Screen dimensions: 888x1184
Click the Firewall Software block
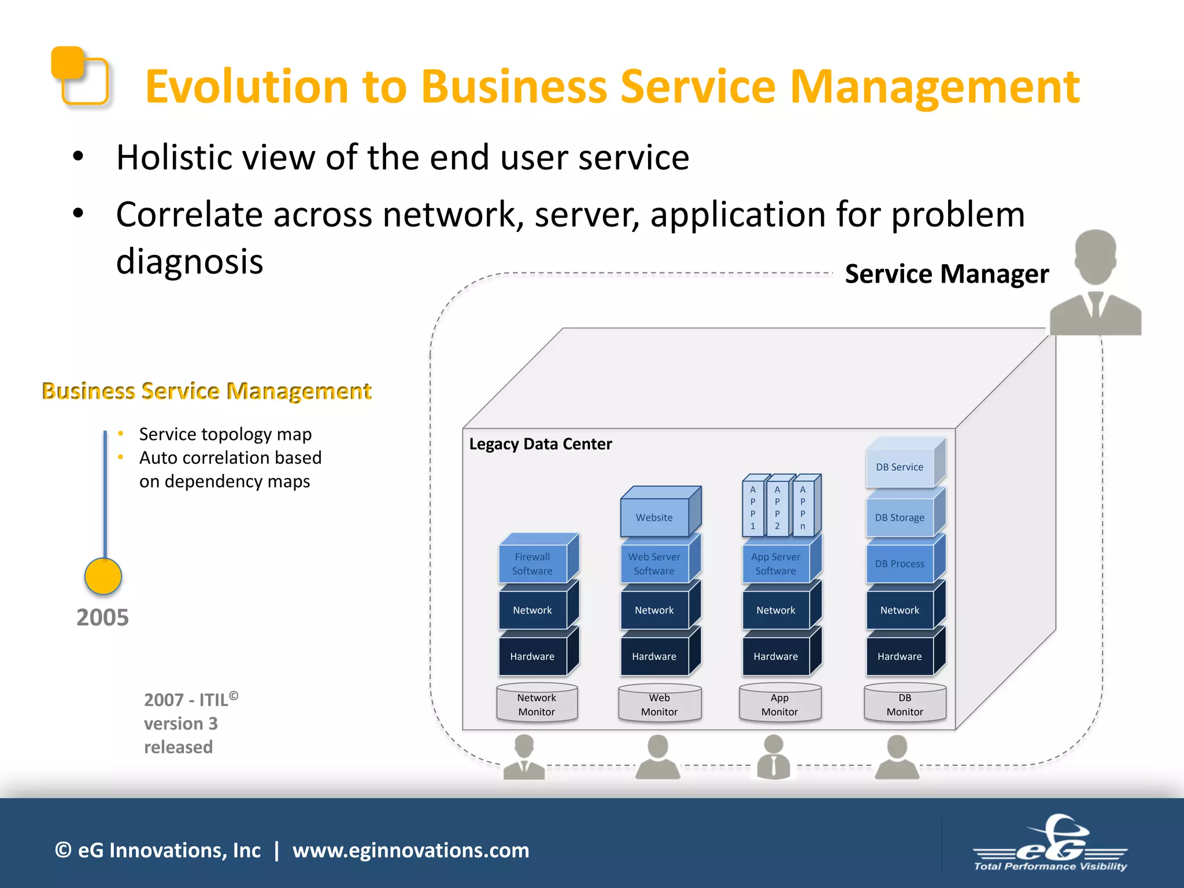click(x=532, y=564)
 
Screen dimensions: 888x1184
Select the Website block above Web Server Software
click(x=654, y=517)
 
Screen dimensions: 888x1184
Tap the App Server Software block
click(x=776, y=564)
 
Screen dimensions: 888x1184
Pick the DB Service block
click(x=900, y=467)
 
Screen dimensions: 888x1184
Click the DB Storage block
click(x=900, y=517)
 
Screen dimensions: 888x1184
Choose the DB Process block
click(x=900, y=564)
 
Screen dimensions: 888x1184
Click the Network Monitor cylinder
click(x=536, y=705)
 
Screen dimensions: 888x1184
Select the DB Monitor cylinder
click(x=905, y=705)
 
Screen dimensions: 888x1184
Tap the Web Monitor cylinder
click(x=659, y=705)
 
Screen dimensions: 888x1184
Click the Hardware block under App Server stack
click(x=776, y=656)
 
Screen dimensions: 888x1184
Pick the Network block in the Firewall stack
click(x=532, y=610)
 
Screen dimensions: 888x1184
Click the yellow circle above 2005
click(x=103, y=576)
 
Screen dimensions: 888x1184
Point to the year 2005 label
click(x=102, y=617)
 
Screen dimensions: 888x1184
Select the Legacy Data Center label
click(x=540, y=444)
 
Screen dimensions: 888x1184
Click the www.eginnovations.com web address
click(x=410, y=850)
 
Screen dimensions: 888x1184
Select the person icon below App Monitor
click(x=774, y=757)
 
